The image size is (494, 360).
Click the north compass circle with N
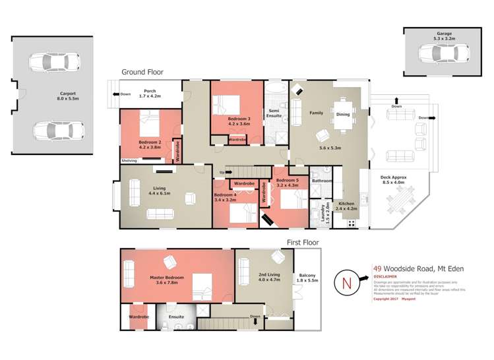point(347,284)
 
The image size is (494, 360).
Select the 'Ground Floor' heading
point(142,72)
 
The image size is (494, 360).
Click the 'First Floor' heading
point(303,243)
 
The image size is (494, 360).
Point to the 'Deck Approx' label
point(393,179)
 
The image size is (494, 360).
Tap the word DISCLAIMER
point(385,277)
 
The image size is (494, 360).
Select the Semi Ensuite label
point(274,113)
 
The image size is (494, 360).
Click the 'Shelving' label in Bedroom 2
point(129,160)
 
